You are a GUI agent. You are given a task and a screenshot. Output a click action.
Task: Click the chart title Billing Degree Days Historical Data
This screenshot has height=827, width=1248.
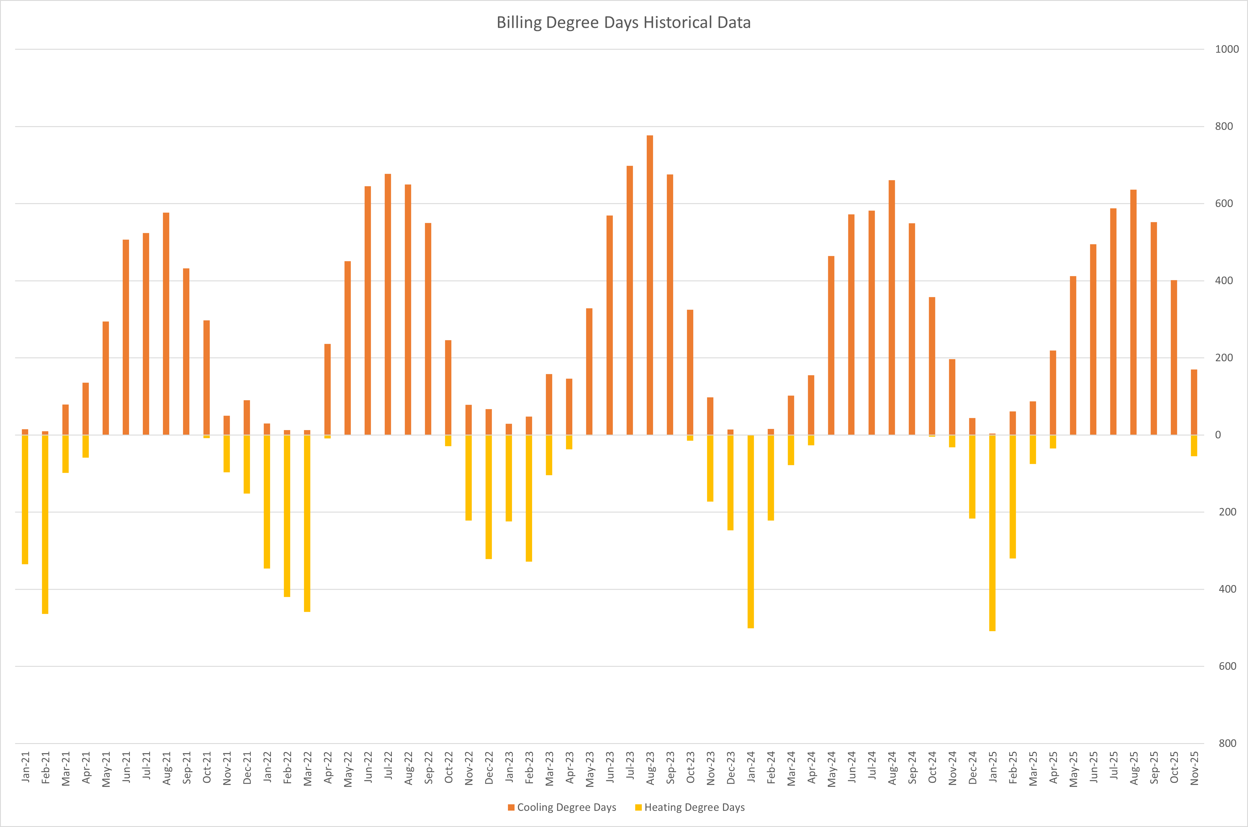click(623, 23)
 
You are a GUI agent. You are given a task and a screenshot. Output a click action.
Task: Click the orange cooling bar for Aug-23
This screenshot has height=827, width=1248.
click(650, 285)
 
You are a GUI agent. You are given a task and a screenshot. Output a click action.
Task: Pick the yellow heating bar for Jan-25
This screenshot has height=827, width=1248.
click(992, 533)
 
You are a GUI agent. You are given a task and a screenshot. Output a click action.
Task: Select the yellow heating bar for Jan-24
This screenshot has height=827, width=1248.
click(751, 532)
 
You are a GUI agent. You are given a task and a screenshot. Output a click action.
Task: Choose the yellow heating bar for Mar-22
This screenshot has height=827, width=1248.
click(307, 523)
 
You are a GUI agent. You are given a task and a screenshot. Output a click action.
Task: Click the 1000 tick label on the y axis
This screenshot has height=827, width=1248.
click(1226, 49)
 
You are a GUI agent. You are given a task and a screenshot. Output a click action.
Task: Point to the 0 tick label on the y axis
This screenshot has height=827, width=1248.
click(1218, 435)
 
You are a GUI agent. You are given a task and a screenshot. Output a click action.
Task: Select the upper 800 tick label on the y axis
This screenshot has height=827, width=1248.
click(1224, 127)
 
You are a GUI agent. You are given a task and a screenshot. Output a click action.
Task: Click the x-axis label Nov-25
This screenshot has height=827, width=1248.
click(1194, 768)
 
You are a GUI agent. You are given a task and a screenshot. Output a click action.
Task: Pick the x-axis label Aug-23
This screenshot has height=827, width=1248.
click(650, 768)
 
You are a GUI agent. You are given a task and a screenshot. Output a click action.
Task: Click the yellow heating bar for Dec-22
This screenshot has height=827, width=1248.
click(488, 497)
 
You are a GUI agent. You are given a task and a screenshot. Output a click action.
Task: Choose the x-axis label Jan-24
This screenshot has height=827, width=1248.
click(751, 768)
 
